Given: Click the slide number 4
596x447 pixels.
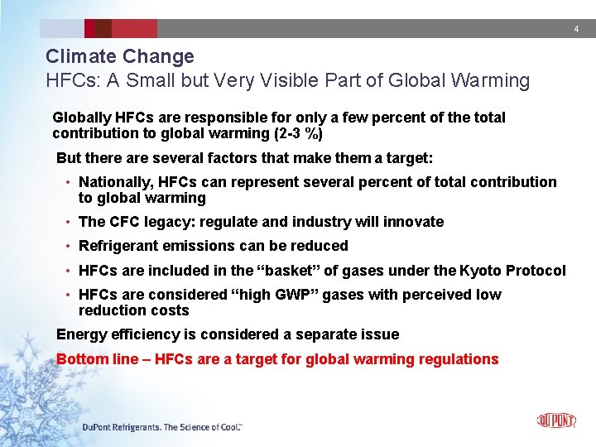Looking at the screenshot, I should pos(577,30).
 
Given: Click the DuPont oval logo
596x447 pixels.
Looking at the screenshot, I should pos(556,421).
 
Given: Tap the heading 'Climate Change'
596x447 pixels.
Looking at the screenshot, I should pos(120,57).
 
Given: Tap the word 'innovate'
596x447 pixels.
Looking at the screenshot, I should pos(415,222).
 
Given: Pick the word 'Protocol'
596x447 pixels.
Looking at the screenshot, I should pos(536,271).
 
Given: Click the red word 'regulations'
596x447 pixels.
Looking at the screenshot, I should pos(459,359).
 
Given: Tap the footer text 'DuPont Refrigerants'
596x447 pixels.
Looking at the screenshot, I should pos(121,427).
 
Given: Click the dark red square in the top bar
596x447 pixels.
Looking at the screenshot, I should pos(103,29).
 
